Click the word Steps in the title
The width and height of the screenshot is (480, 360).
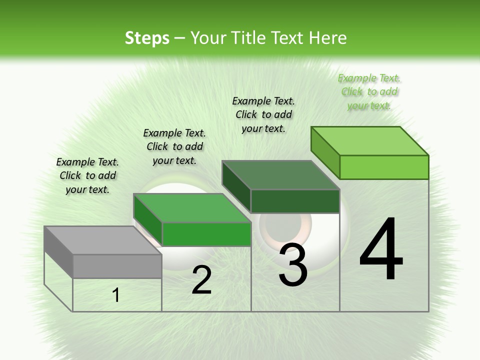[x=147, y=38]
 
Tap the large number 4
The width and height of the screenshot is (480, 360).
[x=381, y=250]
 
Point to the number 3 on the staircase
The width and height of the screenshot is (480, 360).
[x=293, y=265]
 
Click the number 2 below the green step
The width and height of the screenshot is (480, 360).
[x=201, y=280]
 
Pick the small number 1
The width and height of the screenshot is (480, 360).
[x=116, y=295]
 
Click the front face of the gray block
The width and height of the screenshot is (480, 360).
[x=117, y=266]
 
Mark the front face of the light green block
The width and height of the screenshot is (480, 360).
[x=384, y=167]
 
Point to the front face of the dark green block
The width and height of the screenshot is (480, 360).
[x=295, y=201]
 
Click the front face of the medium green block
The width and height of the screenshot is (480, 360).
[x=206, y=234]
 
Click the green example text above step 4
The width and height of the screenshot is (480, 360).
[x=369, y=92]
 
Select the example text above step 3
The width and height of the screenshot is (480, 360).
[x=263, y=114]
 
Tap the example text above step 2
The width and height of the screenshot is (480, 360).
[x=174, y=146]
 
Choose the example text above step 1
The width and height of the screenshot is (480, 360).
[x=87, y=175]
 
